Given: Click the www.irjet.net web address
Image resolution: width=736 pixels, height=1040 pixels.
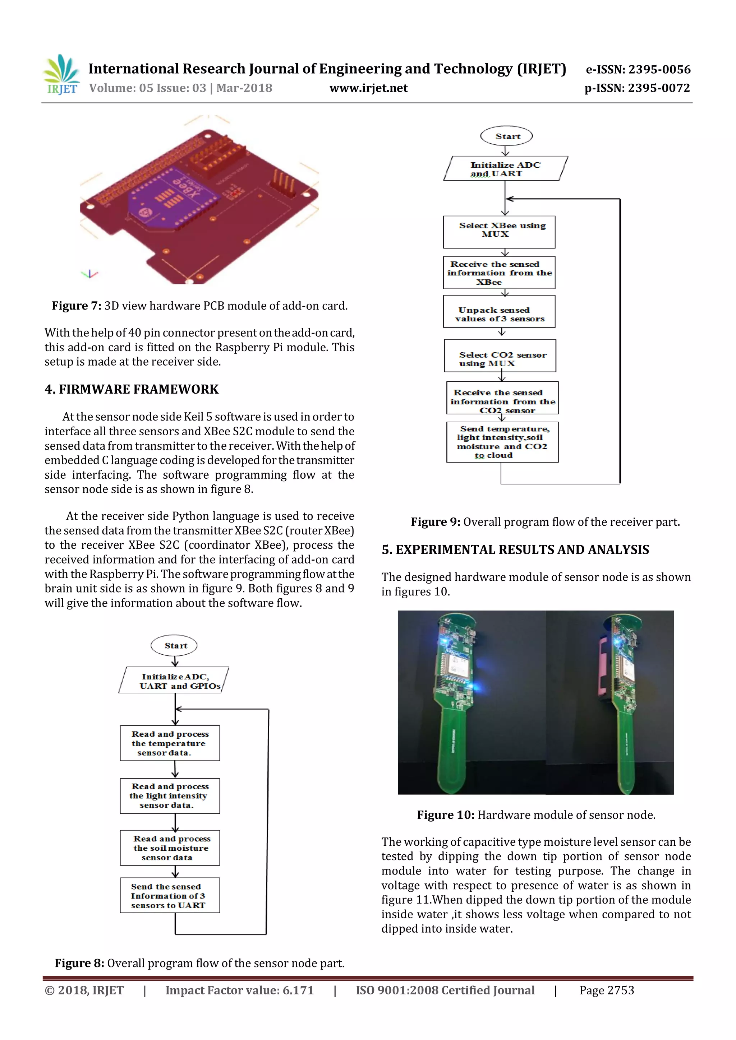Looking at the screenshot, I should (x=368, y=88).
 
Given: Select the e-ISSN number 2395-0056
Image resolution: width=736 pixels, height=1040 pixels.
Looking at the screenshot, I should (x=659, y=69).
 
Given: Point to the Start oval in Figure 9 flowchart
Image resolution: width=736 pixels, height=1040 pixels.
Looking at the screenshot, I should (x=506, y=136).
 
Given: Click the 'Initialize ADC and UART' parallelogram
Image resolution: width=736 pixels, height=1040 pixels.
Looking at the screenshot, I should (x=505, y=169).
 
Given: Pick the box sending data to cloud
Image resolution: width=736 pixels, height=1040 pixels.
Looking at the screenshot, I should (x=502, y=442).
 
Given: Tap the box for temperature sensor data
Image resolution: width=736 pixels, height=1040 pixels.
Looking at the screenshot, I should (x=170, y=743).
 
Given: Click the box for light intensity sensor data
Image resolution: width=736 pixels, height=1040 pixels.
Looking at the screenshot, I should (x=170, y=796).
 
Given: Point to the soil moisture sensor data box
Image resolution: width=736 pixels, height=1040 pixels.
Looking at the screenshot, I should (x=170, y=848).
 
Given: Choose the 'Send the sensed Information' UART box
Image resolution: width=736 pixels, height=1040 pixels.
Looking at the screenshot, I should (x=170, y=896).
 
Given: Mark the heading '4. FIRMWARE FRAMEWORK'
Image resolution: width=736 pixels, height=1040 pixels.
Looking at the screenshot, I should (x=132, y=390).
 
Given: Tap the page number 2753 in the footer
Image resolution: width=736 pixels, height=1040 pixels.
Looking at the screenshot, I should (x=620, y=991).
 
